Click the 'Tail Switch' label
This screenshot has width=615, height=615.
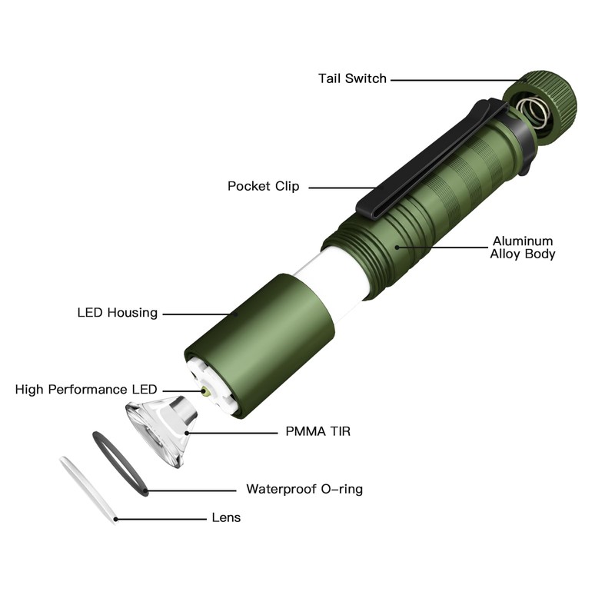pos(352,78)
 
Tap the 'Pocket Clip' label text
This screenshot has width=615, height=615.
pos(263,186)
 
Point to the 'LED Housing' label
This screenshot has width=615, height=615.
pos(117,313)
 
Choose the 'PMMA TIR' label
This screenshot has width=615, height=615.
pos(317,432)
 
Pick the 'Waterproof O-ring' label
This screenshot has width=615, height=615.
pos(304,489)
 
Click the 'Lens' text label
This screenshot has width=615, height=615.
pos(226,518)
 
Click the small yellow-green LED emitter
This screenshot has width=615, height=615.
pos(208,391)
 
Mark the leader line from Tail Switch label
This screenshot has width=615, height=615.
pos(454,78)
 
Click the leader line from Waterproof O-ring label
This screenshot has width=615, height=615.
pos(192,490)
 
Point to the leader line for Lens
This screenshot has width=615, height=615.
pos(161,519)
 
